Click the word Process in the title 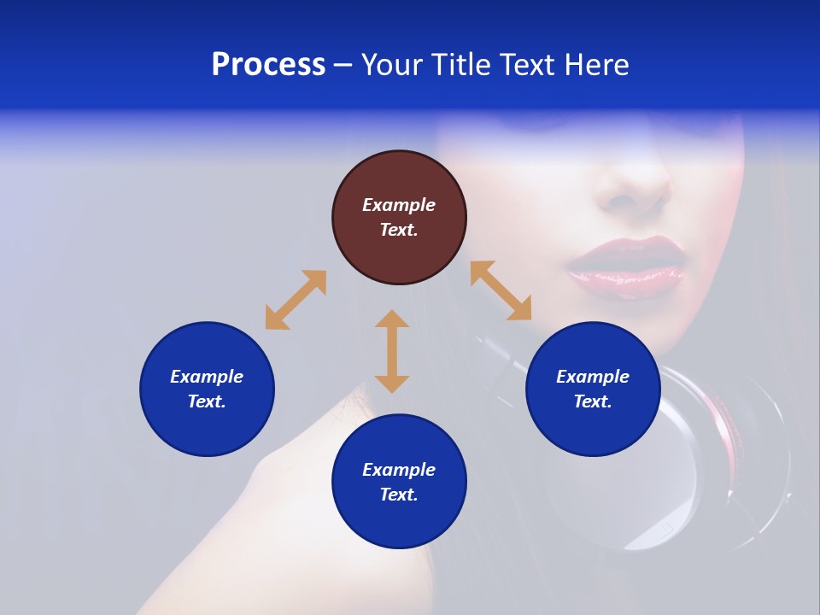click(268, 65)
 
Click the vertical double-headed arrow click(392, 351)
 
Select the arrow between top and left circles click(296, 300)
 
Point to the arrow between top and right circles click(501, 290)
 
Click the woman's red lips click(625, 266)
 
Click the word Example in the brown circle click(399, 205)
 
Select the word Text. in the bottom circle click(399, 495)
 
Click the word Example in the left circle click(207, 377)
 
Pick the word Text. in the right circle click(593, 401)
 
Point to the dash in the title click(343, 65)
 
